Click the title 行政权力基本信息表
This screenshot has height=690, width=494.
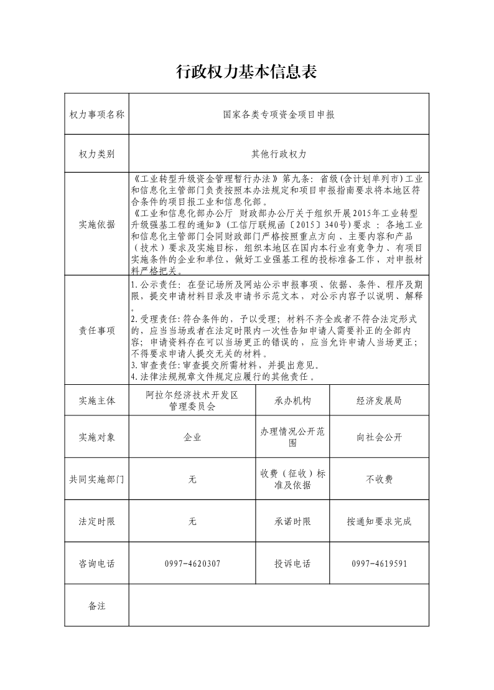[x=247, y=72]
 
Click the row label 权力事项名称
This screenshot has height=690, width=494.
[x=96, y=115]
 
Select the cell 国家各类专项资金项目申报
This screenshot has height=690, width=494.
[x=279, y=115]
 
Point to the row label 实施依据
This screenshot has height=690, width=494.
[x=96, y=225]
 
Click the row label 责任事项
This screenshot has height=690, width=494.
[x=96, y=331]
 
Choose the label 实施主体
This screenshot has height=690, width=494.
[x=96, y=400]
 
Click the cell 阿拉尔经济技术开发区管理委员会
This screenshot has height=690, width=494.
[x=192, y=400]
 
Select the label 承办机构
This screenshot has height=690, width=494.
[x=292, y=400]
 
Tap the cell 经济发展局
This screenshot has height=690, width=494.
[x=379, y=400]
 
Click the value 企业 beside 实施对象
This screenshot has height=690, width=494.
[x=192, y=437]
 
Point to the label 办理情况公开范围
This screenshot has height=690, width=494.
[x=292, y=437]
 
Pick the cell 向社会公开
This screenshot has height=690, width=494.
[x=379, y=437]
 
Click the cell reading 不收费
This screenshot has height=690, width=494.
[x=379, y=480]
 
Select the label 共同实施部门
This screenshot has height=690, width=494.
[x=96, y=480]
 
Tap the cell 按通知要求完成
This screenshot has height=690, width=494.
[x=379, y=521]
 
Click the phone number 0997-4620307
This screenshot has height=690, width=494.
[x=192, y=564]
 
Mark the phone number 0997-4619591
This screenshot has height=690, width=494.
[x=379, y=564]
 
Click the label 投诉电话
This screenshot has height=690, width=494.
[x=292, y=564]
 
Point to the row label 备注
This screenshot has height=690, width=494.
[x=96, y=605]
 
